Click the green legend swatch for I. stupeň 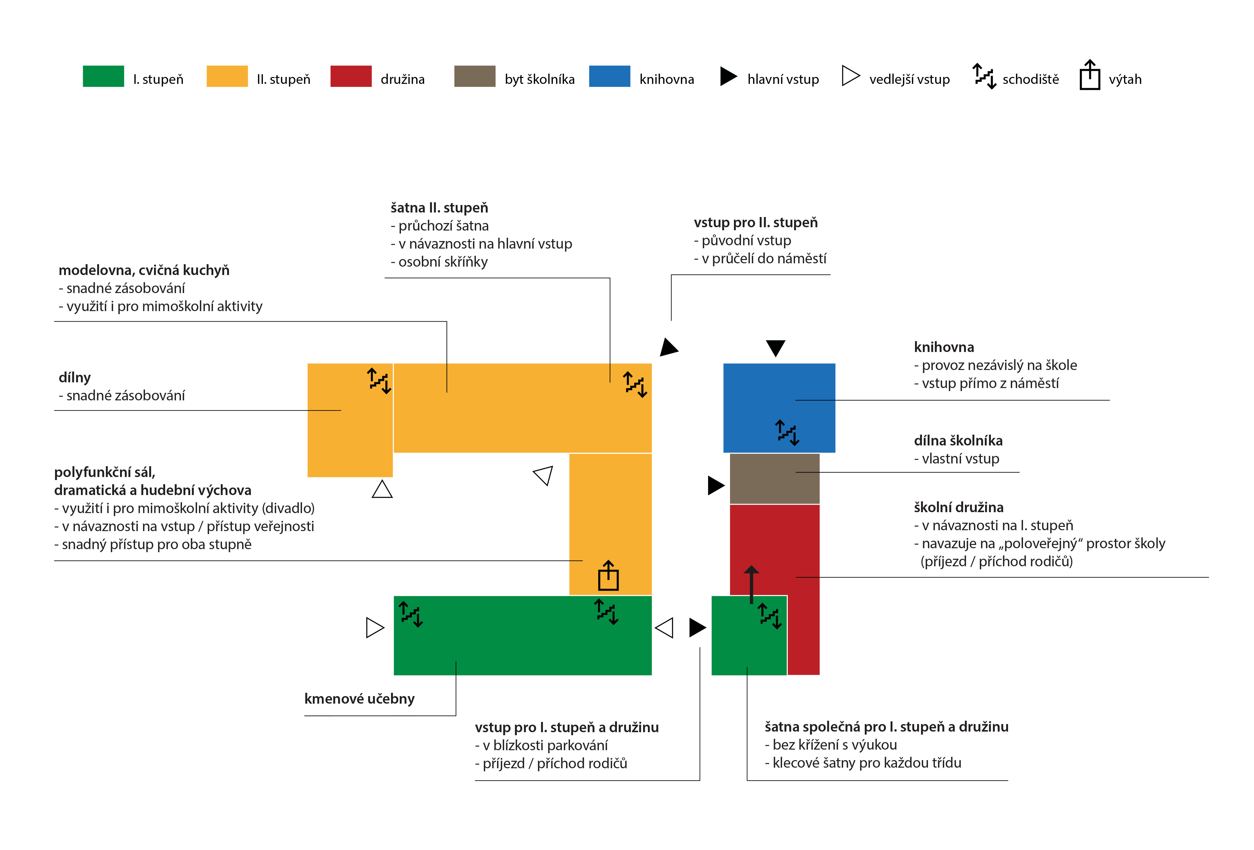pyautogui.click(x=103, y=76)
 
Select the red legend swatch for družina pyautogui.click(x=351, y=76)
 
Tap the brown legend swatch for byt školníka pyautogui.click(x=475, y=76)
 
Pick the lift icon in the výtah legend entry pyautogui.click(x=1089, y=75)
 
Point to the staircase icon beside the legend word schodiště pyautogui.click(x=984, y=76)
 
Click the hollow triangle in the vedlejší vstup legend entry pyautogui.click(x=850, y=75)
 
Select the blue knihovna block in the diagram pyautogui.click(x=779, y=408)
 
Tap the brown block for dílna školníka pyautogui.click(x=774, y=479)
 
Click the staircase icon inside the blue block pyautogui.click(x=787, y=433)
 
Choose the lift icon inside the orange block pyautogui.click(x=608, y=576)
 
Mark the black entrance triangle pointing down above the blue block pyautogui.click(x=775, y=348)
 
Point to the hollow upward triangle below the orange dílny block pyautogui.click(x=382, y=489)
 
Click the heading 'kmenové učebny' pyautogui.click(x=359, y=699)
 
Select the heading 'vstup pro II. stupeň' pyautogui.click(x=755, y=222)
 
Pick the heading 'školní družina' pyautogui.click(x=958, y=507)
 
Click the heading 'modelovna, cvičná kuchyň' pyautogui.click(x=144, y=270)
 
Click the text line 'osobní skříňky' pyautogui.click(x=439, y=261)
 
